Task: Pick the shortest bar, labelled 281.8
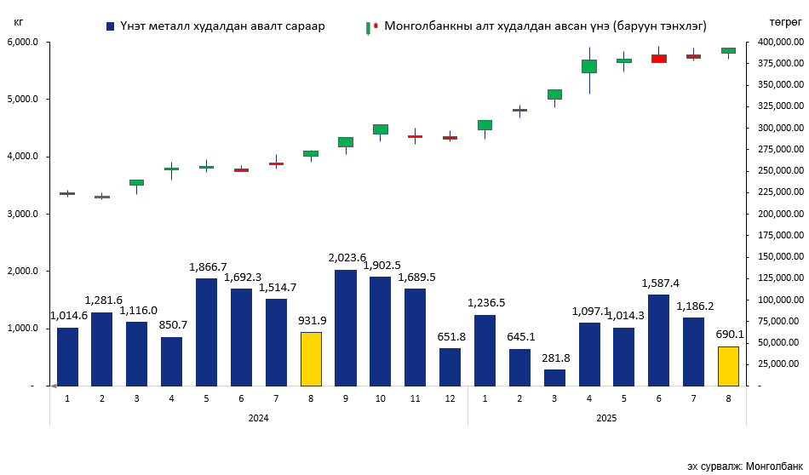tap(554, 377)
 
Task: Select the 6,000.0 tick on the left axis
tap(23, 42)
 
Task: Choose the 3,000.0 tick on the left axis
tap(23, 214)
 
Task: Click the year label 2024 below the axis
tap(259, 418)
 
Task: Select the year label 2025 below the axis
tap(606, 418)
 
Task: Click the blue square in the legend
tap(111, 26)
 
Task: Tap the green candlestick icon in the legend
tap(368, 27)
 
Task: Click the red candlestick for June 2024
tap(242, 170)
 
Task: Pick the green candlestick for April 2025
tap(589, 66)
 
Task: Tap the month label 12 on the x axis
tap(450, 398)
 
